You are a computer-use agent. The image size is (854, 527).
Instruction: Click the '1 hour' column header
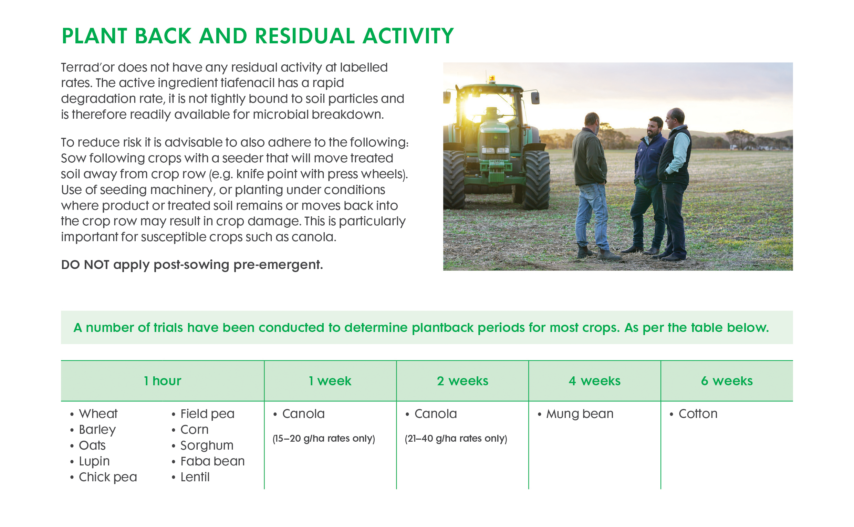162,381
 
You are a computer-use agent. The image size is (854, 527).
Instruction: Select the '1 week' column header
330,381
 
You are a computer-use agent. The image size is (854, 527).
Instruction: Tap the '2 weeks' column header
462,381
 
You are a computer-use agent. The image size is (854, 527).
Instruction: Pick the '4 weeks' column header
594,381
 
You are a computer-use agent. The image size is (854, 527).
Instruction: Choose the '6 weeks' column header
727,381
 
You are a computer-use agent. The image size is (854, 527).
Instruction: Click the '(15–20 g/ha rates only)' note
324,439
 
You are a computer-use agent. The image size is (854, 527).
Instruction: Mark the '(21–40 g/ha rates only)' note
456,439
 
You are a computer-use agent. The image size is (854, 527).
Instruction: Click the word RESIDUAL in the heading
305,36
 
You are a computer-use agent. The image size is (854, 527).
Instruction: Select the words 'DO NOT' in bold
85,265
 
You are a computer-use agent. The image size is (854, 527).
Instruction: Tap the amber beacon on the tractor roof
492,78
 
